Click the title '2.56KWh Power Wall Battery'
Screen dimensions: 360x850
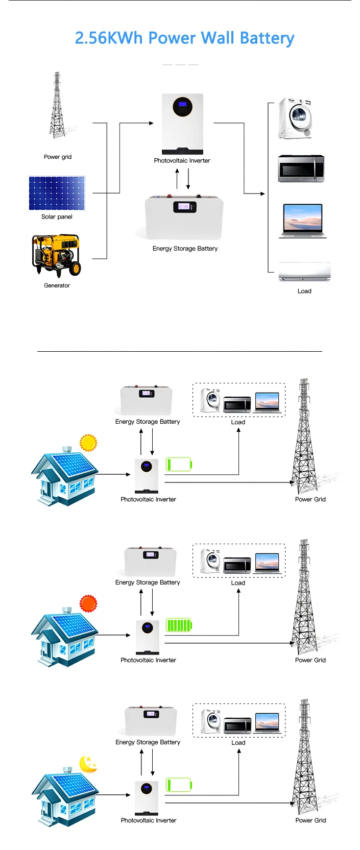(x=184, y=38)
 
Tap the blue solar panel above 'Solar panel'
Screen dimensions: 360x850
(x=57, y=193)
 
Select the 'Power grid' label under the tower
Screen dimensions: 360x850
(x=57, y=157)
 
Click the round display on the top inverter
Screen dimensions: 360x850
(x=182, y=106)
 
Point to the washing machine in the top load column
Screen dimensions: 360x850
(x=296, y=118)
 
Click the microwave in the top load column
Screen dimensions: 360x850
(x=301, y=168)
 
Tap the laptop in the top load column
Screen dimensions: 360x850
(x=303, y=221)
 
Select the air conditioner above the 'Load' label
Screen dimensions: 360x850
(x=304, y=272)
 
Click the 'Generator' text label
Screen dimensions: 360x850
(x=57, y=285)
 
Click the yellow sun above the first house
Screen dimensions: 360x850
(x=88, y=443)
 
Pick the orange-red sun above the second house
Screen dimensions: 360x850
(x=88, y=603)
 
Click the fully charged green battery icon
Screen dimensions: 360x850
(x=179, y=625)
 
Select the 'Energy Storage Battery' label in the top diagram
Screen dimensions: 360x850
(x=185, y=249)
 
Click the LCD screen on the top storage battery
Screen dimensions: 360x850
(x=184, y=206)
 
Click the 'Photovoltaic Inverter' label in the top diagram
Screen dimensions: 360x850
(x=182, y=160)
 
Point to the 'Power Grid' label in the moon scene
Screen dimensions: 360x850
(x=310, y=820)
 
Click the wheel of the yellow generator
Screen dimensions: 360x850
(x=76, y=269)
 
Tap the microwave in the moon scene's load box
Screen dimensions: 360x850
(x=237, y=725)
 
